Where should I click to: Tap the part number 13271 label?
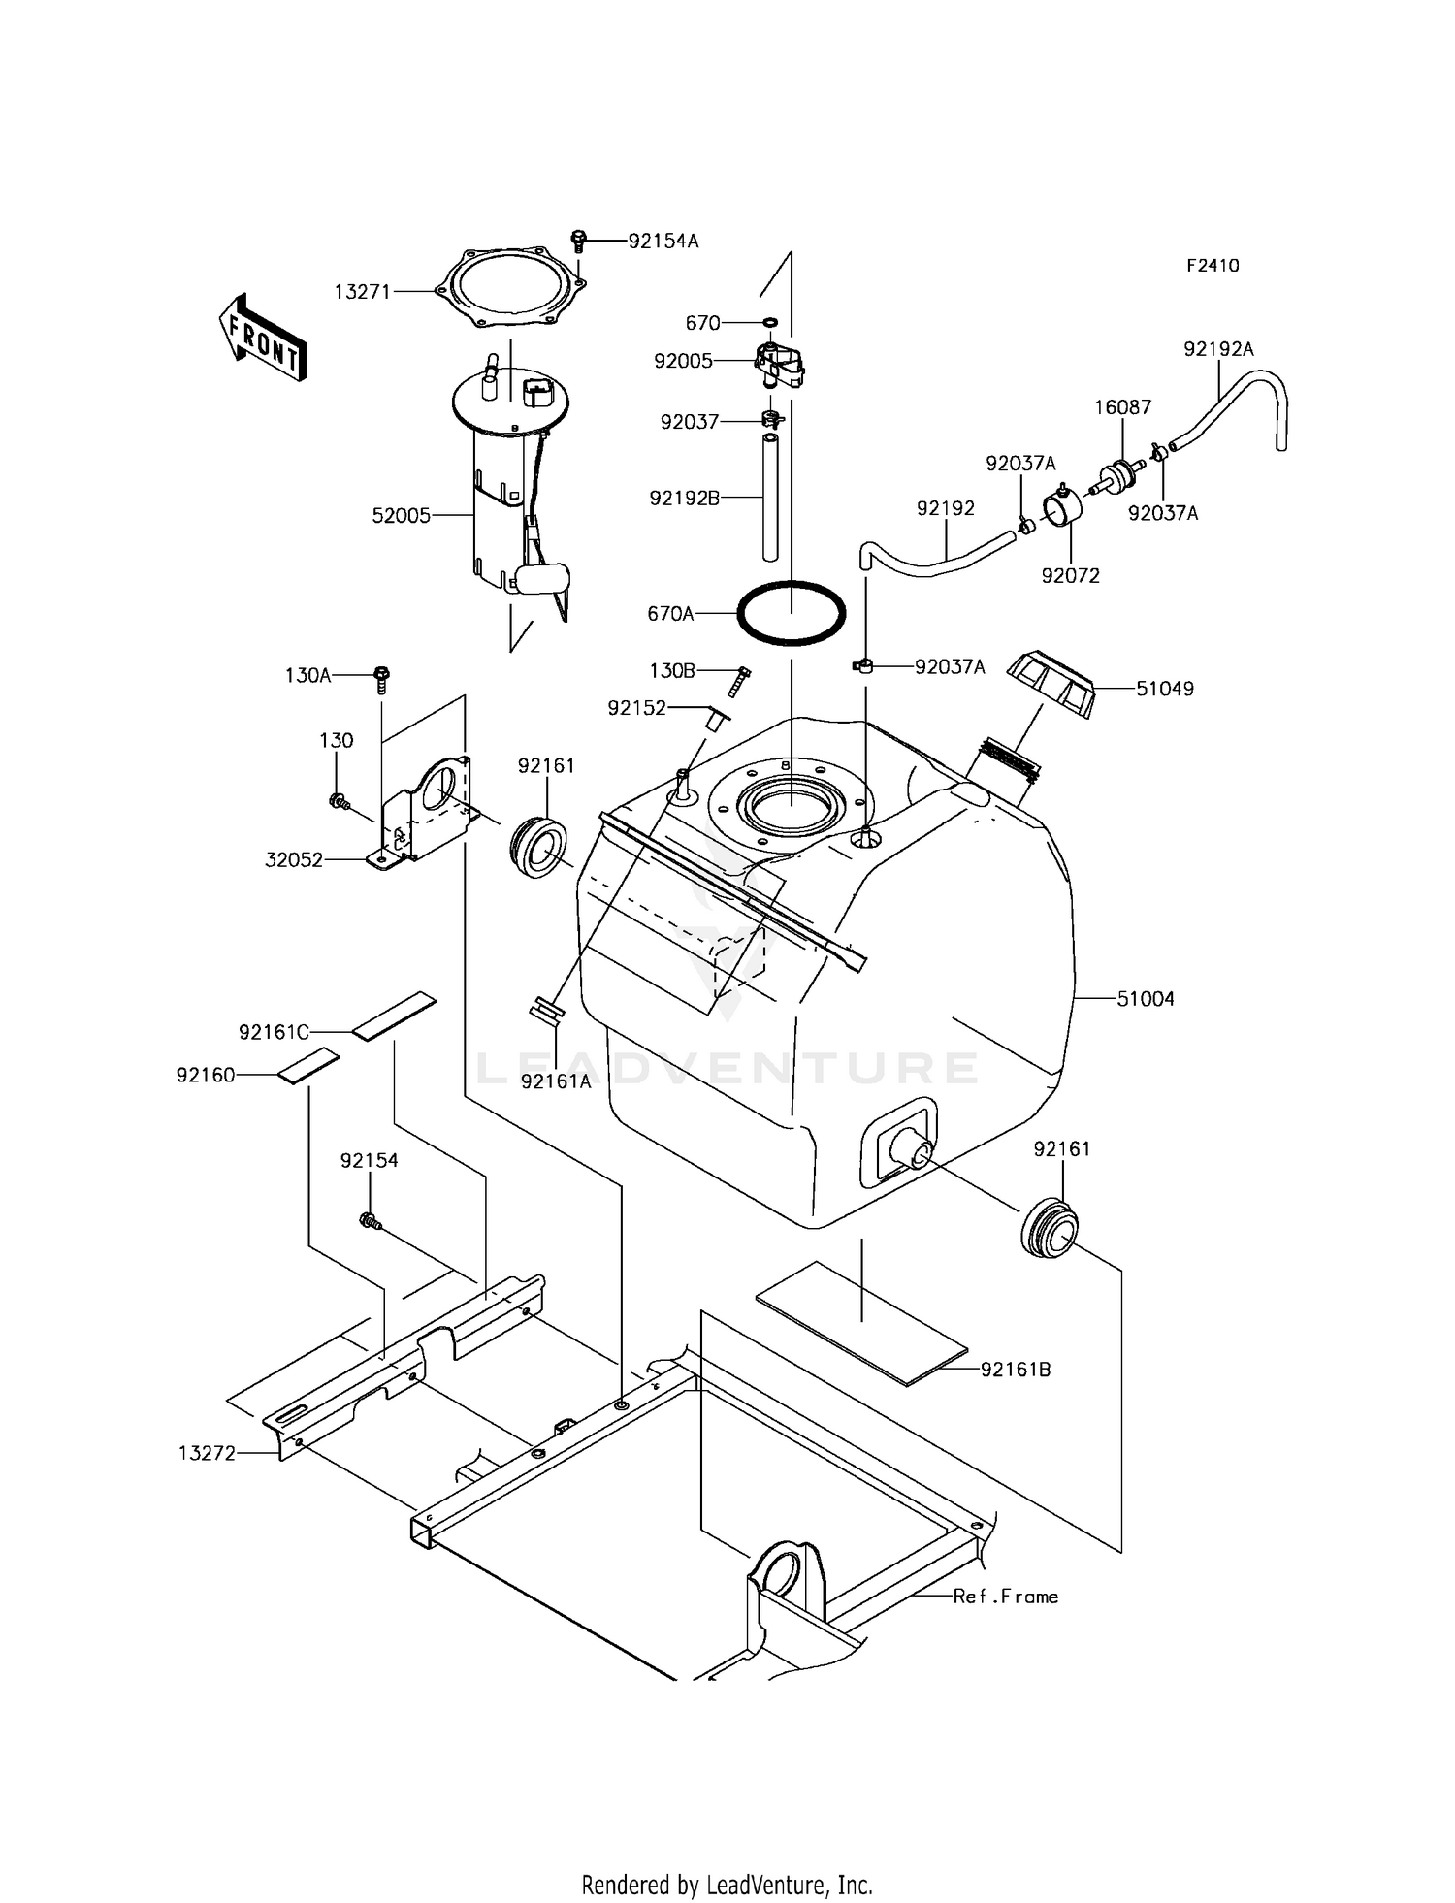362,291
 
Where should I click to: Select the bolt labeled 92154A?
579,238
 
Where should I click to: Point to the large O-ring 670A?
792,613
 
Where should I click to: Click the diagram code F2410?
1212,266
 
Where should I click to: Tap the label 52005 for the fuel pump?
401,516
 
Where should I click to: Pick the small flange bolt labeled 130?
338,801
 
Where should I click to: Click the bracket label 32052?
294,859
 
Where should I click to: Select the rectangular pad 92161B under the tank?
861,1322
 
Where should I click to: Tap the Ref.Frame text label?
1005,1596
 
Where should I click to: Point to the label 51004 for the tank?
1145,998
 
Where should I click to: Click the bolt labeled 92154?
370,1222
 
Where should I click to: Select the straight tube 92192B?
770,498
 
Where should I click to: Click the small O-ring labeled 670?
769,322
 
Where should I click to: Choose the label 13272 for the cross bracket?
207,1453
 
